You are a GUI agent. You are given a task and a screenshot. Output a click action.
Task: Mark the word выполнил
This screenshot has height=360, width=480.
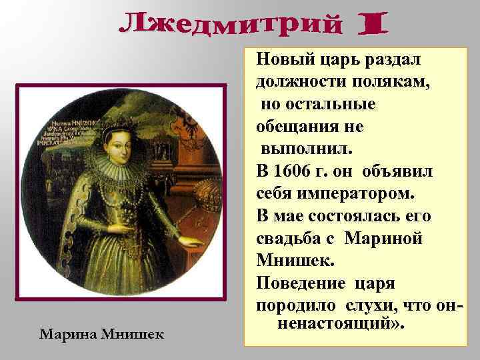point(301,149)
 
